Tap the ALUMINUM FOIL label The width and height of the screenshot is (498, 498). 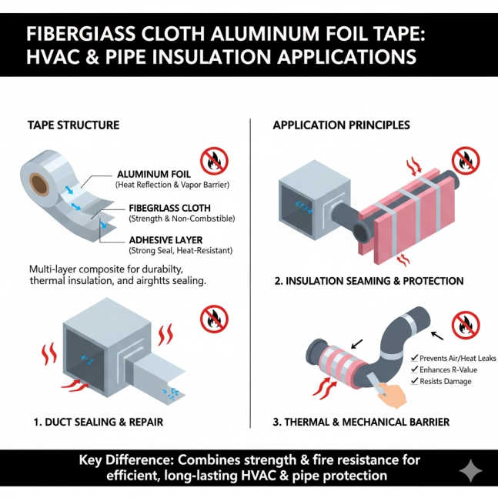pos(154,174)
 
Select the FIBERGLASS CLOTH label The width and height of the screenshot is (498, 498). pos(169,208)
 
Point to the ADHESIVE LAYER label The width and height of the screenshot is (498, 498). pos(165,240)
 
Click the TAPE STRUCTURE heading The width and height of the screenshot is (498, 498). pos(73,125)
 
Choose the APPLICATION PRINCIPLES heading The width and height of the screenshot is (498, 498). pos(341,125)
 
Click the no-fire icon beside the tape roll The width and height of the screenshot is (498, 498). pos(214,161)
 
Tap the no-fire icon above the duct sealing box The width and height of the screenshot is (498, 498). pos(214,319)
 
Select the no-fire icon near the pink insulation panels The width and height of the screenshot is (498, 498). pos(466,160)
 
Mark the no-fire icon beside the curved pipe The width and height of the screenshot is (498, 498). pos(466,326)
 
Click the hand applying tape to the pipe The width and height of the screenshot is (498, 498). pos(392,394)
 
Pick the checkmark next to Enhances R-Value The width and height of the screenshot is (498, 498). pos(414,369)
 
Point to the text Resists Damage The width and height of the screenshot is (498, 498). pos(446,381)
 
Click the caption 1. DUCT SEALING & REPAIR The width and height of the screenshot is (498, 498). pos(99,422)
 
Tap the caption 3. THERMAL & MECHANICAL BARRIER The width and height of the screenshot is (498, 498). pos(361,422)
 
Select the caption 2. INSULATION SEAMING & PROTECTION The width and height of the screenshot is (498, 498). pos(369,281)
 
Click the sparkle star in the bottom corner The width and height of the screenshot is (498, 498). pos(471,471)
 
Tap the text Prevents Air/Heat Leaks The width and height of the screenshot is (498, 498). pos(457,358)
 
